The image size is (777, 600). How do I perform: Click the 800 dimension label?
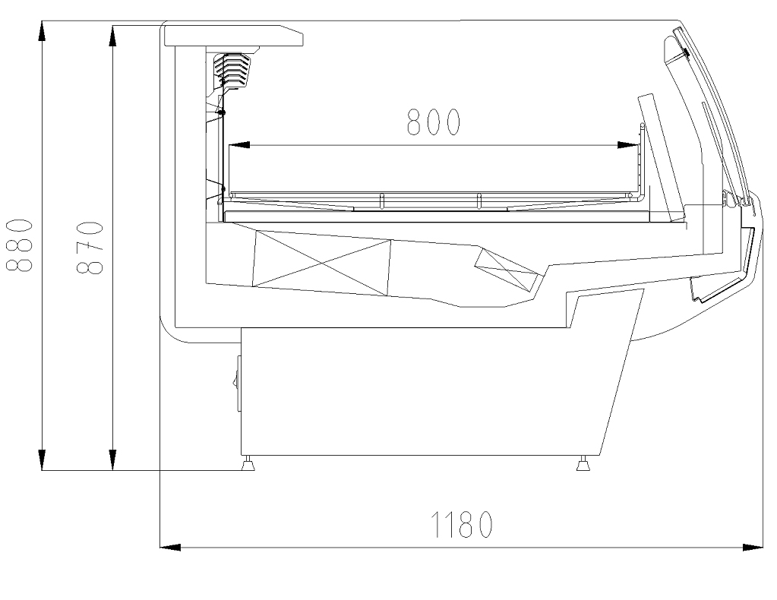coord(434,122)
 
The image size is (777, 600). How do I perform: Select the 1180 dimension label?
coord(463,524)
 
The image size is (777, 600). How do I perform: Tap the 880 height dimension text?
coord(20,245)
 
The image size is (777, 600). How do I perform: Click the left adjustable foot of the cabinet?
coord(248,463)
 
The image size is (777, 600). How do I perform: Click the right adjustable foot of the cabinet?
coord(583,463)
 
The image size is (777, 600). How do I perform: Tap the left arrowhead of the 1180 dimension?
coord(169,545)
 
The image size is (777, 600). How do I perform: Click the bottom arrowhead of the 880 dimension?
coord(43,460)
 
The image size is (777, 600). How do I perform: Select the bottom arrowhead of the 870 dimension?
coord(112,460)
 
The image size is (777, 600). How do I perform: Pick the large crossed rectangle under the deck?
coord(321,260)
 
